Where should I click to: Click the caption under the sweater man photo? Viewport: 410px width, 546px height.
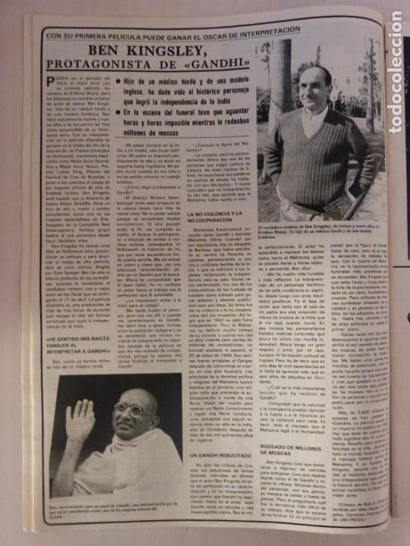pos(320,231)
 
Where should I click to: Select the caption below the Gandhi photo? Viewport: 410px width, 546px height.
pos(115,508)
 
